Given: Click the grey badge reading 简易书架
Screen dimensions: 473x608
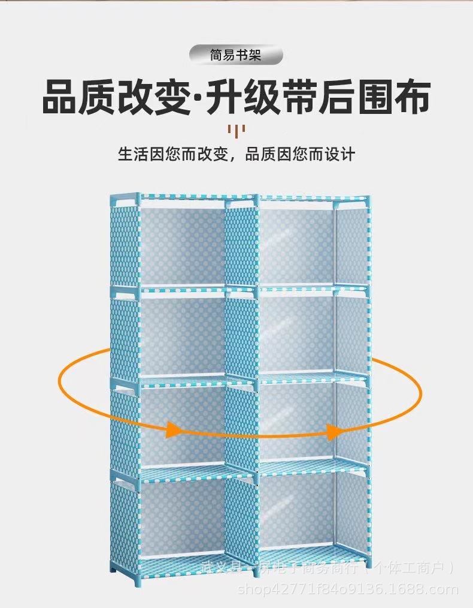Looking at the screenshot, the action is [236, 56].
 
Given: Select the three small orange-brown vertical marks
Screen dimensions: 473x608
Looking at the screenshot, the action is [236, 130].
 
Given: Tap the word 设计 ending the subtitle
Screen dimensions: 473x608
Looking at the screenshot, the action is [341, 154].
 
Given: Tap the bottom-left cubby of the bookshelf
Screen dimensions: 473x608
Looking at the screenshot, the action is [182, 516].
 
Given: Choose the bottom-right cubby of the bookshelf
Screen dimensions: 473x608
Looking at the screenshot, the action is [296, 513].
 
